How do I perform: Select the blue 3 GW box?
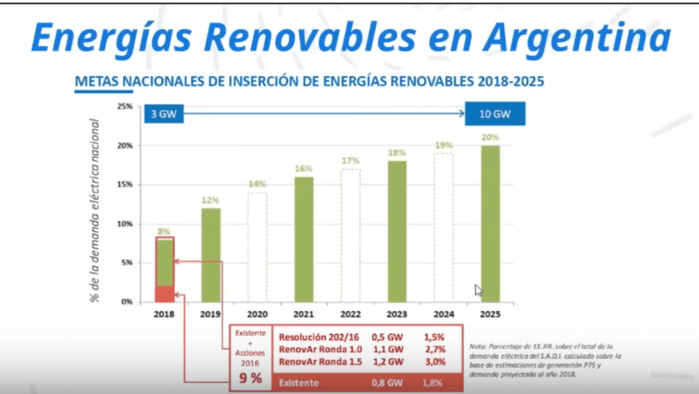[x=163, y=114]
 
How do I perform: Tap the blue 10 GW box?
[x=495, y=114]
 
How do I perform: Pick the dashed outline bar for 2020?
[x=257, y=247]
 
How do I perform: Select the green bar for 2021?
[x=303, y=239]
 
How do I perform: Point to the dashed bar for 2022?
[x=350, y=235]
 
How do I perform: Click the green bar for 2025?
[x=490, y=223]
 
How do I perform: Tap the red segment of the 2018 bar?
[x=165, y=294]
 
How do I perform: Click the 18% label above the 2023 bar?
[x=397, y=153]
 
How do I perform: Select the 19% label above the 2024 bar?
[x=444, y=145]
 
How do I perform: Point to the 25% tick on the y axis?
[x=124, y=106]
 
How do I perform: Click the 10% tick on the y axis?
[x=124, y=224]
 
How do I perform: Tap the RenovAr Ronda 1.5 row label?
[x=320, y=362]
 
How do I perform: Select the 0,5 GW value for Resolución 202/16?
[x=387, y=337]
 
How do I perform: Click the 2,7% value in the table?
[x=434, y=349]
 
